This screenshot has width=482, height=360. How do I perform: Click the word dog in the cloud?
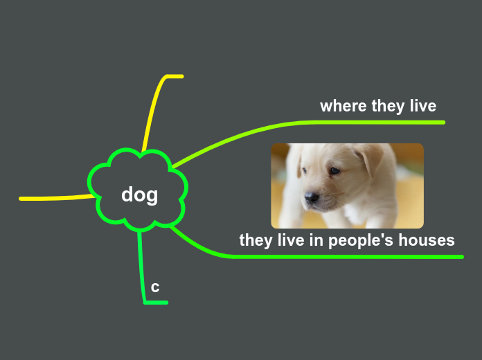(139, 195)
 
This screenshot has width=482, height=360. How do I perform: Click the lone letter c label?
(155, 287)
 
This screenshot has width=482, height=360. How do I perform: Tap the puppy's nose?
(312, 197)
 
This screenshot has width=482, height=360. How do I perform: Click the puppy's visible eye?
(334, 170)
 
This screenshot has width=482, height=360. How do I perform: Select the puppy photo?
(347, 186)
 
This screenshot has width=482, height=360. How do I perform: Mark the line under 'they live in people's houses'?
(346, 257)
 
